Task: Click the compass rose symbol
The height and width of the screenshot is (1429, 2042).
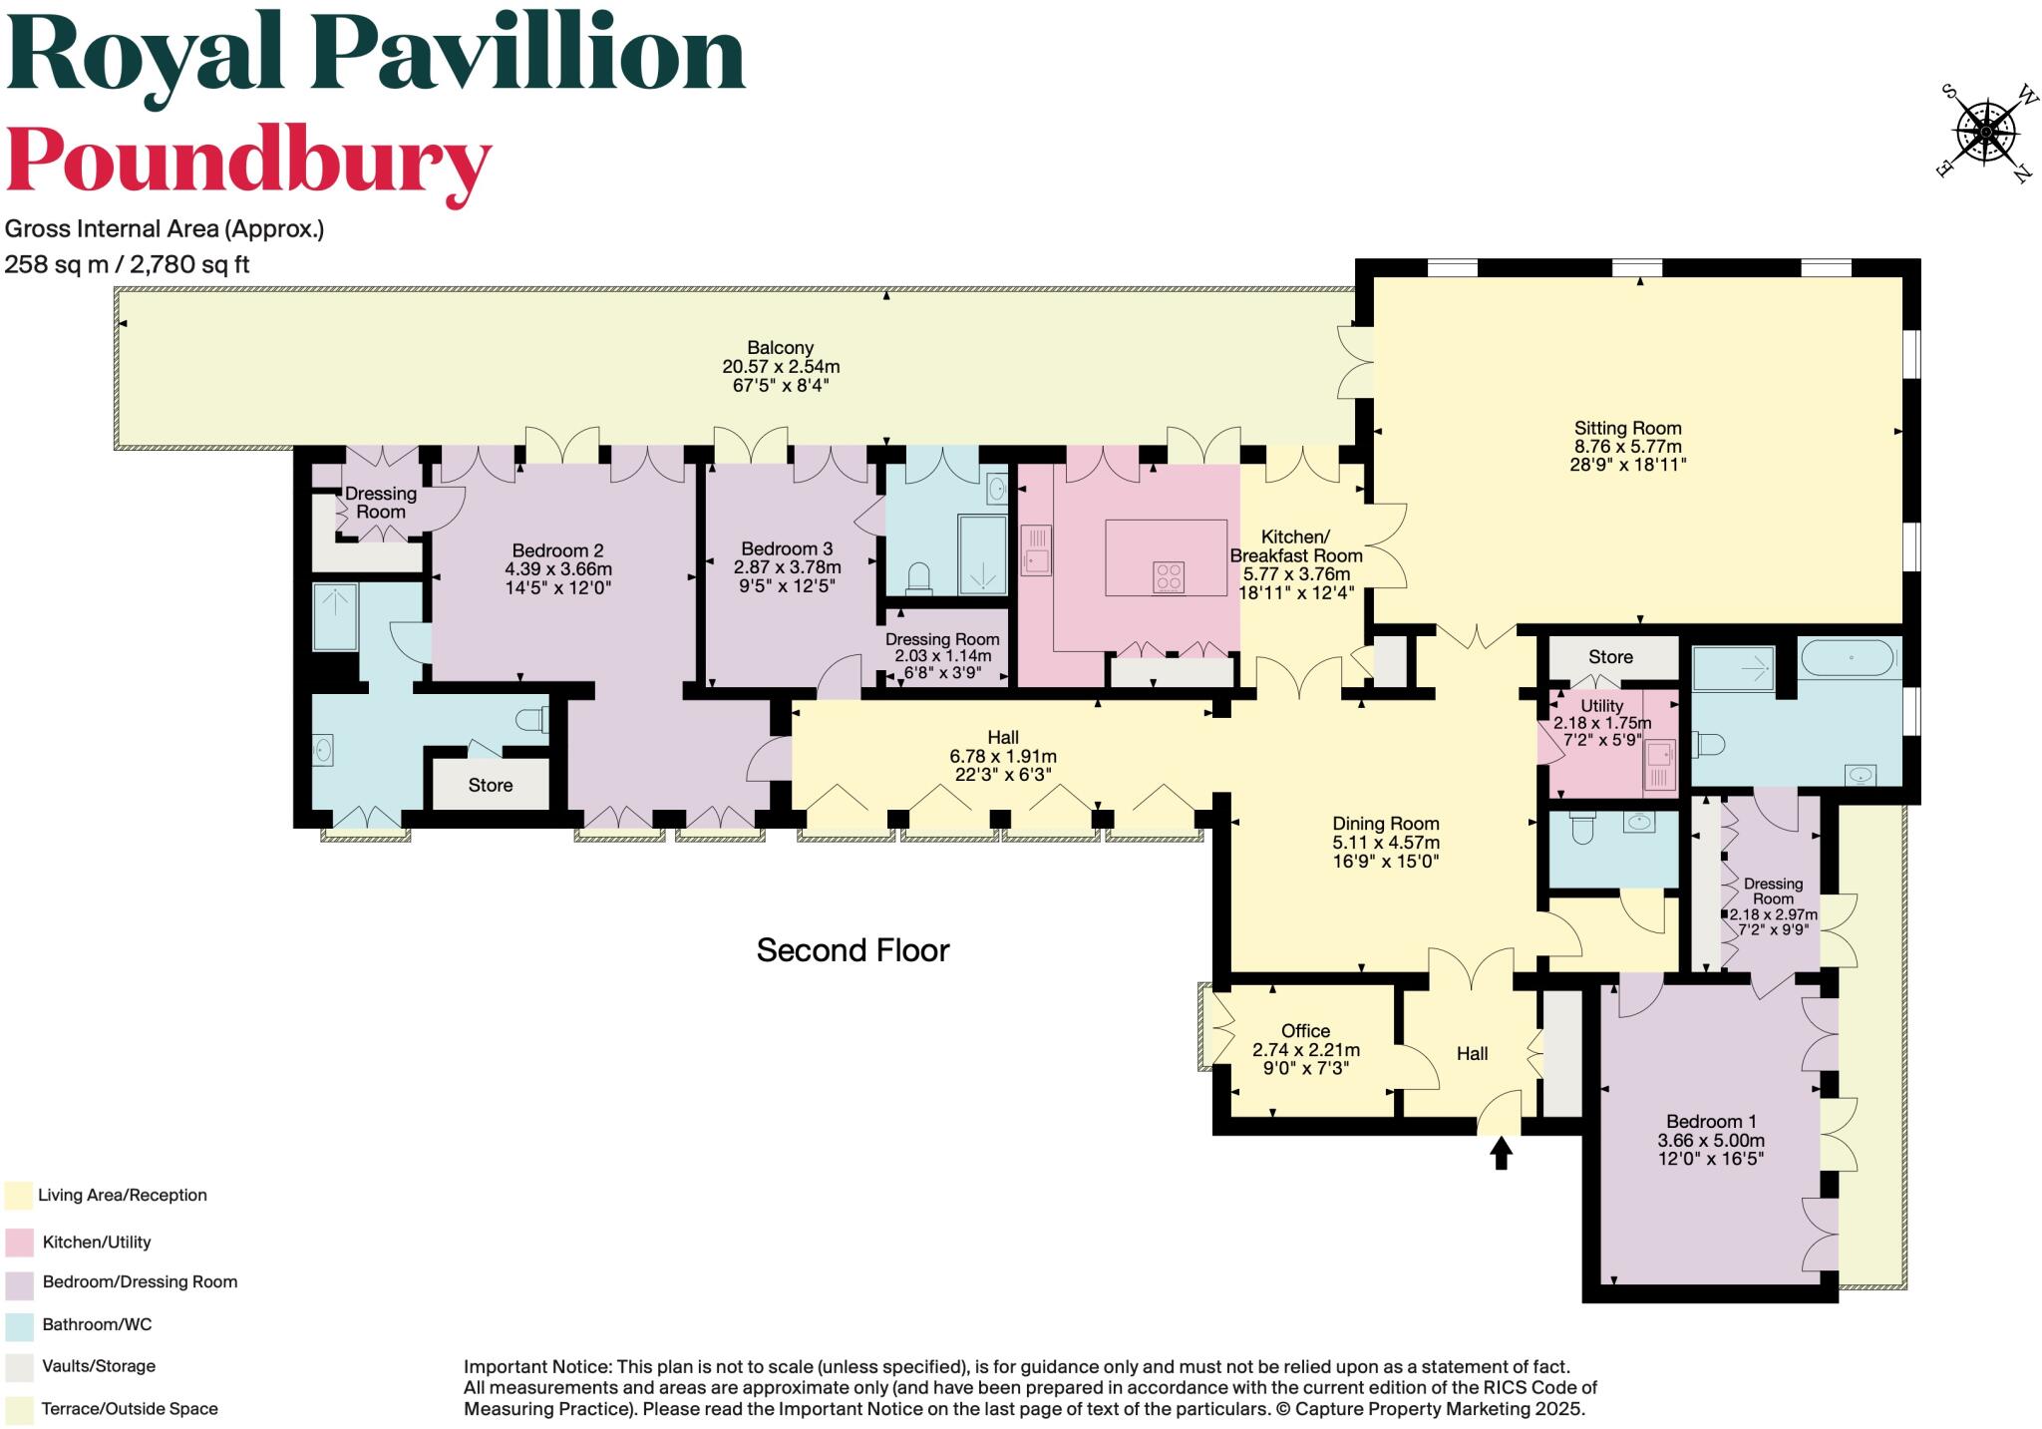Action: pos(1985,132)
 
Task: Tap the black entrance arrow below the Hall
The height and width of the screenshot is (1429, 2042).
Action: pos(1501,1154)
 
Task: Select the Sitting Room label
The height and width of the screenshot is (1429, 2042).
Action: pos(1628,428)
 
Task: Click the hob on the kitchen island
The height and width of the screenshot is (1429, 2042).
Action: pos(1169,577)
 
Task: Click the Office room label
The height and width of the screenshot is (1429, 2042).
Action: pos(1305,1031)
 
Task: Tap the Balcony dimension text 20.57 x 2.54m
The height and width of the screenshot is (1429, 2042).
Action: pos(781,366)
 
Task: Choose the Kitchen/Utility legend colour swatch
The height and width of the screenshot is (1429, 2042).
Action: pos(18,1242)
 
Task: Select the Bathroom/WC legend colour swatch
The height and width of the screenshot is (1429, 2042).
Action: pos(18,1325)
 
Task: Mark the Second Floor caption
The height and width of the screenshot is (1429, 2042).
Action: pos(852,950)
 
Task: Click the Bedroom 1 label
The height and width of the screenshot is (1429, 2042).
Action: pos(1711,1121)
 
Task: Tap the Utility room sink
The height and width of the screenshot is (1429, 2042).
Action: pos(1660,766)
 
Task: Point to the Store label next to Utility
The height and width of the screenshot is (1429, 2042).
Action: pos(1610,656)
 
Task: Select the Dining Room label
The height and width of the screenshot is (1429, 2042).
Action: pos(1386,824)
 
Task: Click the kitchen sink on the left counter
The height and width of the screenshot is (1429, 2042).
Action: pos(1035,550)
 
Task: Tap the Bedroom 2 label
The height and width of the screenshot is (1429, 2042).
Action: pos(557,550)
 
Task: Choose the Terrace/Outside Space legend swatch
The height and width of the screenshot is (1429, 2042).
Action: pos(18,1409)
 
